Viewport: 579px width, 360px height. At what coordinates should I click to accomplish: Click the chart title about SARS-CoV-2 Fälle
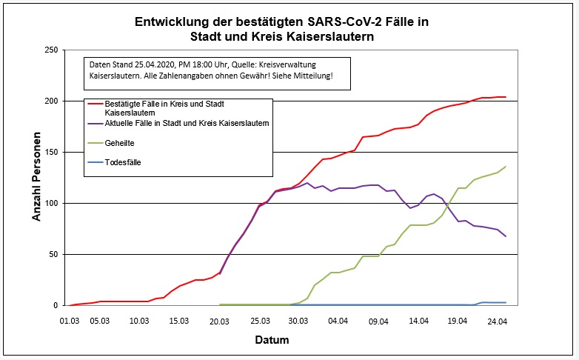coord(281,30)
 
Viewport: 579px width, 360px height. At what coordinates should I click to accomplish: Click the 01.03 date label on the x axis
coord(70,321)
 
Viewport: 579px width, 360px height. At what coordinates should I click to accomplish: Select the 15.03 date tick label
coord(178,321)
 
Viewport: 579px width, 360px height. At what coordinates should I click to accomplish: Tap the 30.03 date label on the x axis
coord(298,321)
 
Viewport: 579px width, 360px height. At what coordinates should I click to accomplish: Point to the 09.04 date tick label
coord(378,321)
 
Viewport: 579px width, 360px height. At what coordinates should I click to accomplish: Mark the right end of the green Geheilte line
coord(506,167)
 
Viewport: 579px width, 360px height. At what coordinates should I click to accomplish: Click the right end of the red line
coord(506,97)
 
